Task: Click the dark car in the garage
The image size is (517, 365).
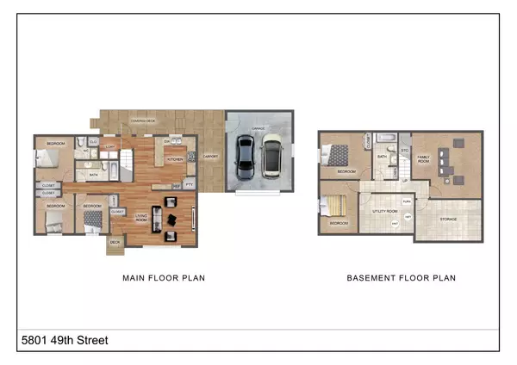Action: click(x=245, y=157)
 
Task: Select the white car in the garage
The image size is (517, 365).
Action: click(x=271, y=156)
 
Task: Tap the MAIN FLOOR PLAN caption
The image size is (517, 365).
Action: click(x=163, y=278)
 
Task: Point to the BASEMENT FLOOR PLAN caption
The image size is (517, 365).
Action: click(x=401, y=278)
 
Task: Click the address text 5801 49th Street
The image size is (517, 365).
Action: click(x=65, y=341)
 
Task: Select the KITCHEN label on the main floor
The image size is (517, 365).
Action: click(x=175, y=159)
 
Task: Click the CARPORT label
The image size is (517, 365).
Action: click(x=211, y=157)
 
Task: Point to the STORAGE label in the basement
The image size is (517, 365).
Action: click(x=448, y=220)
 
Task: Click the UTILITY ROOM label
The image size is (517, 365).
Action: click(x=384, y=210)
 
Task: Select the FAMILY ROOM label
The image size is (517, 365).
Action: click(x=424, y=159)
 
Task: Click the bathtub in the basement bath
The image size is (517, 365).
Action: click(x=385, y=138)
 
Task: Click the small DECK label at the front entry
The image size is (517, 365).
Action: click(x=115, y=243)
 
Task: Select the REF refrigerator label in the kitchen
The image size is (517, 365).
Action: click(x=177, y=185)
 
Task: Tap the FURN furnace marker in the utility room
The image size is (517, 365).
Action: click(x=405, y=200)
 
